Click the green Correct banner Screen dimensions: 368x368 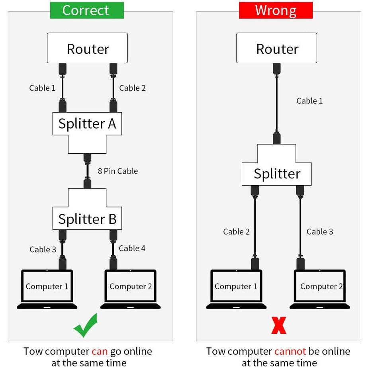coord(87,10)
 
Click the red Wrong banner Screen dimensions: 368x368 coord(276,10)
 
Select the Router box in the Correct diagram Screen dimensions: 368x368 coord(88,48)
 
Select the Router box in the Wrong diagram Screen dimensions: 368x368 coord(277,48)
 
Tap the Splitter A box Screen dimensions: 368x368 coord(87,124)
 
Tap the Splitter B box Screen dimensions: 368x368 coord(87,219)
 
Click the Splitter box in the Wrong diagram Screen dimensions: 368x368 coord(277,174)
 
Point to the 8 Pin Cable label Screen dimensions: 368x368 coord(118,171)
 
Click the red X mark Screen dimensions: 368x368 coord(279,325)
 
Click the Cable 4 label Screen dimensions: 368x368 coord(132,249)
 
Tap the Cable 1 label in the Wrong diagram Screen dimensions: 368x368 coord(309,101)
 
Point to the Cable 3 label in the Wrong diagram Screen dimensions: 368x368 coord(320,232)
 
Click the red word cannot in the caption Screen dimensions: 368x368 coord(290,351)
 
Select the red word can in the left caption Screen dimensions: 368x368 coord(100,351)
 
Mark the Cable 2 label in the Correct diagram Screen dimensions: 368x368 coord(133,88)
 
